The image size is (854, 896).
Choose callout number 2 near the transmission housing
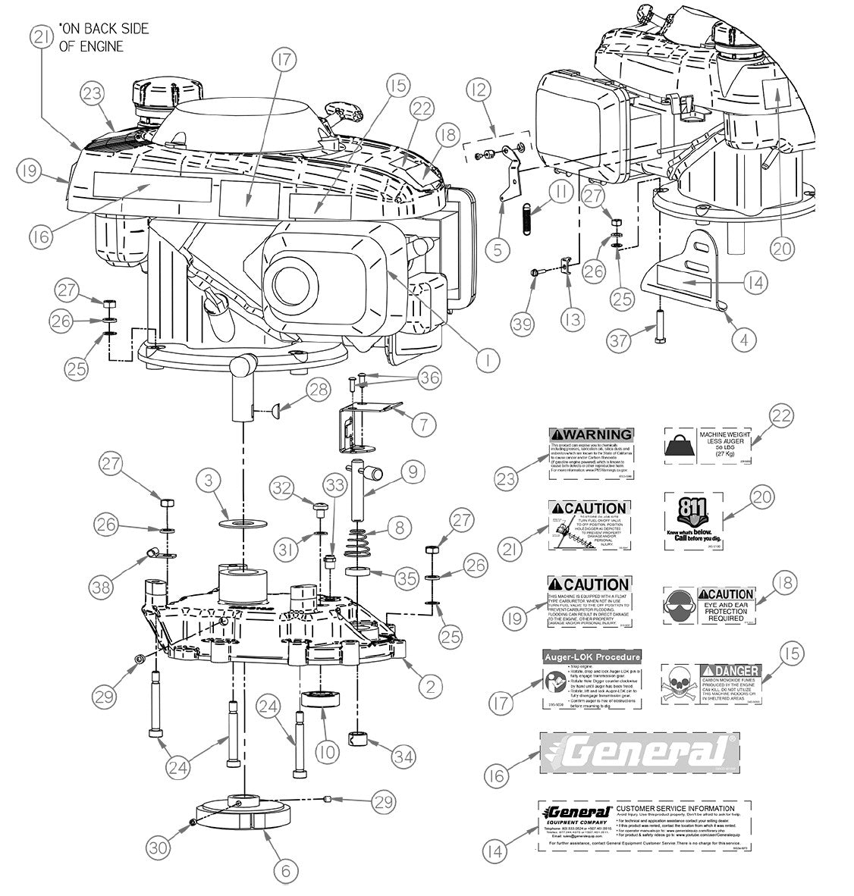430,688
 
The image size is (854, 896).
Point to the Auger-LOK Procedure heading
592,656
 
